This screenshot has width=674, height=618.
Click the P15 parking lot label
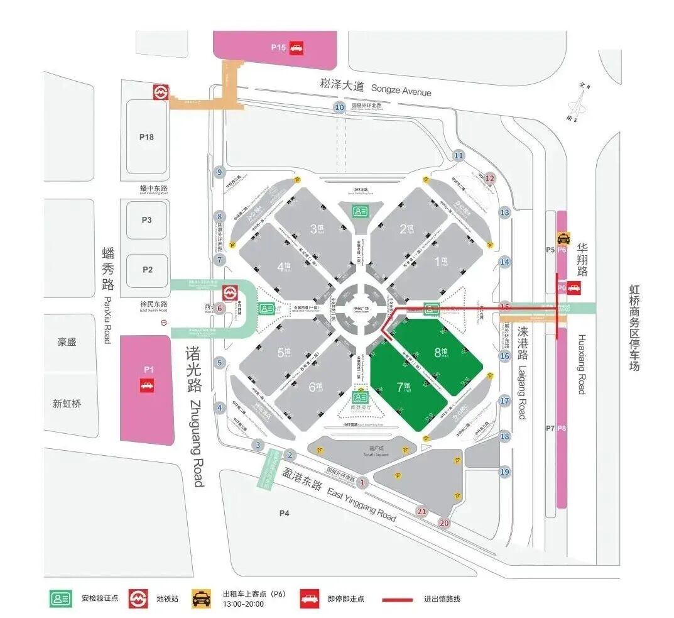[278, 47]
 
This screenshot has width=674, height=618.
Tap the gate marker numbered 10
[340, 108]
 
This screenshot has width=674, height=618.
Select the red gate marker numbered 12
[491, 179]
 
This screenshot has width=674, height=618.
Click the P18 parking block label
[146, 136]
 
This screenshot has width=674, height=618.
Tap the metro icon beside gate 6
[231, 293]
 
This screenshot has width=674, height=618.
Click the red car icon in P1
[147, 385]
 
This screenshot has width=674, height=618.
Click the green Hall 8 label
[441, 353]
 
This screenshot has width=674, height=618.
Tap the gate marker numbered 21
[421, 512]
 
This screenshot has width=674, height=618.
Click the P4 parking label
[285, 514]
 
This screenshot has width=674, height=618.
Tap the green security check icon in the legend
[62, 599]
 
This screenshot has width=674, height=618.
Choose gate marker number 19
[504, 472]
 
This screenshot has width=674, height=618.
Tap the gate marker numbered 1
[362, 483]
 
